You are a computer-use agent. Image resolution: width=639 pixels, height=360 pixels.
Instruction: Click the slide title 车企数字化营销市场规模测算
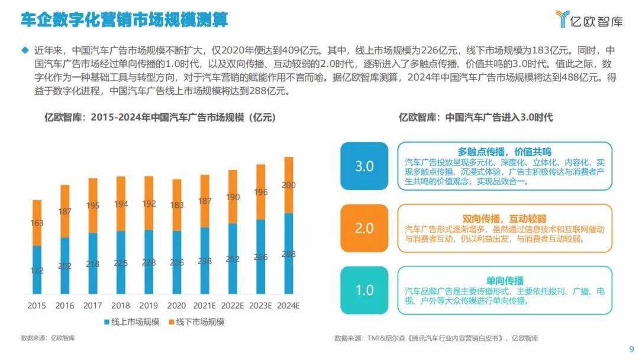(124, 21)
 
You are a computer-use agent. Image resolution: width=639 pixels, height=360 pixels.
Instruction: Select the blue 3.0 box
(364, 166)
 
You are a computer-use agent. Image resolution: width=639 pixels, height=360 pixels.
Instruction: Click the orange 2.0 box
(364, 228)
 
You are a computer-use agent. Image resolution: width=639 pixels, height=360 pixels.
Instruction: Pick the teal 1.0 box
(364, 290)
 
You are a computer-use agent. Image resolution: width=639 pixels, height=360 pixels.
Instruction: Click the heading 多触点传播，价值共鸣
(504, 152)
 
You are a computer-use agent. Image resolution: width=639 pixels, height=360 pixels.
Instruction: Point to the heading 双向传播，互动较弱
(504, 218)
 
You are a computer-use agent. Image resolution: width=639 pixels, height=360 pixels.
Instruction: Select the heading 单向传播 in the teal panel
(504, 280)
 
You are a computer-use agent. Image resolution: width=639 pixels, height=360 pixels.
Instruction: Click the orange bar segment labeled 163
(37, 223)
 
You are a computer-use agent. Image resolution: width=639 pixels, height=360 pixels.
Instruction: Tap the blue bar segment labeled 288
(289, 253)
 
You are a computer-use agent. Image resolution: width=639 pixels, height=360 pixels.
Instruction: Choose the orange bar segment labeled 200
(289, 185)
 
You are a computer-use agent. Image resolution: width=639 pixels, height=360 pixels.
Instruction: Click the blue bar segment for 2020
(177, 262)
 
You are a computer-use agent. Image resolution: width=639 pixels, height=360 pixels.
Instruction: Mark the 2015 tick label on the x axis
(37, 306)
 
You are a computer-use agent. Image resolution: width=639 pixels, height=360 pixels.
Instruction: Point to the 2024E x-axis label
(289, 306)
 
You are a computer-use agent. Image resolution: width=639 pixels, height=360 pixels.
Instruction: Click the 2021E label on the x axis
(205, 306)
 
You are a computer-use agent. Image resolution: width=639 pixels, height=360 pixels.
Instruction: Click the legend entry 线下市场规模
(198, 322)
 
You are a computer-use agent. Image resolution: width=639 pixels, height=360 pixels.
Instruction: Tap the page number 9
(631, 348)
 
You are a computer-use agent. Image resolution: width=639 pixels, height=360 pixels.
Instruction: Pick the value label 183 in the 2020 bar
(177, 204)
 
